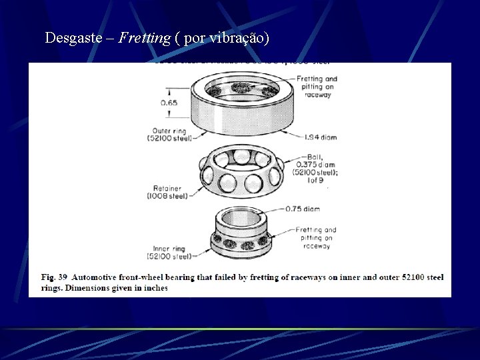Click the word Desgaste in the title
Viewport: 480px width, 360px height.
tap(71, 38)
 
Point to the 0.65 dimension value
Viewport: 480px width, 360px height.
tap(169, 103)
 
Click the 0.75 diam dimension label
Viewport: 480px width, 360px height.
tap(302, 209)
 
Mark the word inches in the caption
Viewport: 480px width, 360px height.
tap(154, 288)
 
